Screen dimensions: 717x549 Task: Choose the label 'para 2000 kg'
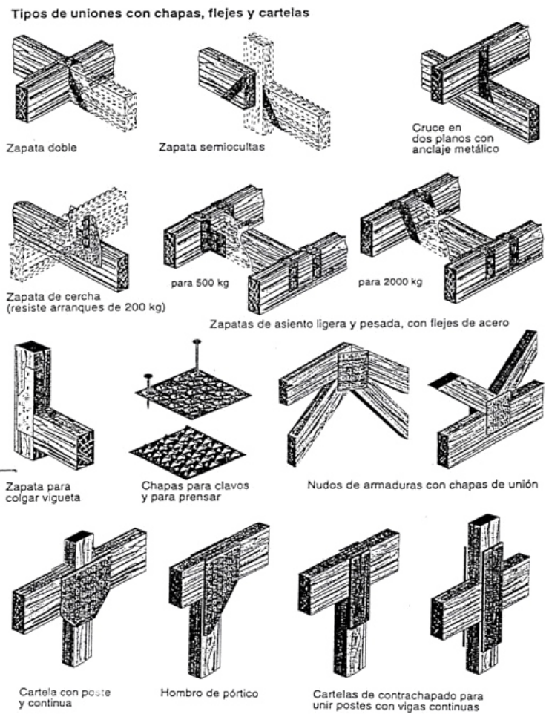click(390, 282)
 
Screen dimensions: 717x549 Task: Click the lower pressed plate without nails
click(187, 443)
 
